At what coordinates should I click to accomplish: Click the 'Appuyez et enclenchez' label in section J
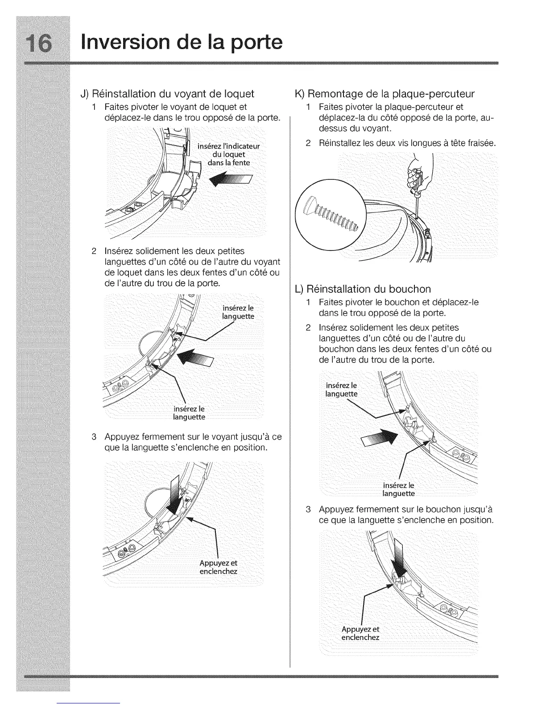[219, 567]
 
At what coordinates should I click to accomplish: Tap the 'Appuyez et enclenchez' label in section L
[360, 633]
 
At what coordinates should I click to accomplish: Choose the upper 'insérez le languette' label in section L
[342, 390]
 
